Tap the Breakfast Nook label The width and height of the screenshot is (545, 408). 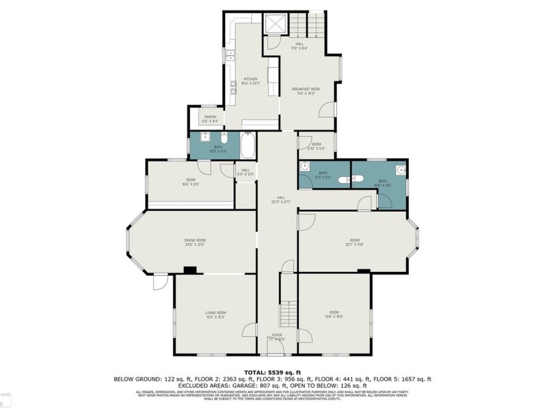305,91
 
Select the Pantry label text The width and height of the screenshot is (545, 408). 210,119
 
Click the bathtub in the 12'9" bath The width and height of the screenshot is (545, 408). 248,146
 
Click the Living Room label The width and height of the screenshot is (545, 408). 216,315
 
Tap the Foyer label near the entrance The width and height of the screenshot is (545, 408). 276,337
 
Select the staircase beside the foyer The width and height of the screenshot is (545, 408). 288,314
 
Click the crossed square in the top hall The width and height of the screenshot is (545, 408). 275,24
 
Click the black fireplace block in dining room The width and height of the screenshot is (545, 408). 190,270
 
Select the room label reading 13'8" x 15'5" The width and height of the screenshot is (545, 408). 334,315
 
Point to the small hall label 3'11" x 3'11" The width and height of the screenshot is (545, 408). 245,172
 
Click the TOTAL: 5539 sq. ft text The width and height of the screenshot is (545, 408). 272,372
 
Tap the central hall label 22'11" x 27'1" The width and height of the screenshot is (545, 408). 280,200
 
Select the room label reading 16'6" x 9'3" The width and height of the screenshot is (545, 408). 191,182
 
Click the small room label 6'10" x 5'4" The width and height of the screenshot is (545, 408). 317,146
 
